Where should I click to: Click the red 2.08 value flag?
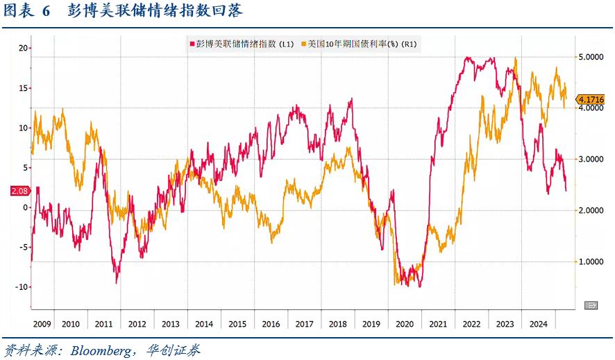tap(20, 191)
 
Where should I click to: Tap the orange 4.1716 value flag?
tap(590, 99)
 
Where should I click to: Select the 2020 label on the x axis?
tap(405, 324)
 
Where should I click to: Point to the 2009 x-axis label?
tap(42, 324)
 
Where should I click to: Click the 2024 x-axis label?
tap(538, 324)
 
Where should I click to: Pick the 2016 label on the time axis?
tap(271, 324)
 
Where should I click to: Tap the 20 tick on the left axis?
tap(23, 48)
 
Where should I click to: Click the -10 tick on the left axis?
tap(22, 286)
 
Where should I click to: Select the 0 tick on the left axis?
tap(26, 207)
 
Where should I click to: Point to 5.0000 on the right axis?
tap(591, 57)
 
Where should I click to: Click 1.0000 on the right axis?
tap(591, 262)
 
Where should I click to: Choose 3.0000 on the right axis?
tap(591, 159)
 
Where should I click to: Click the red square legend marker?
tap(192, 44)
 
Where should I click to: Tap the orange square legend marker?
tap(303, 44)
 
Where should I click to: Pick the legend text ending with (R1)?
tap(362, 44)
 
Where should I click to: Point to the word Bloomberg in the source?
tap(101, 350)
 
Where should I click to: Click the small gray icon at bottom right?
tap(591, 305)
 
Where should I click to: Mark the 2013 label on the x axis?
tap(171, 324)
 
